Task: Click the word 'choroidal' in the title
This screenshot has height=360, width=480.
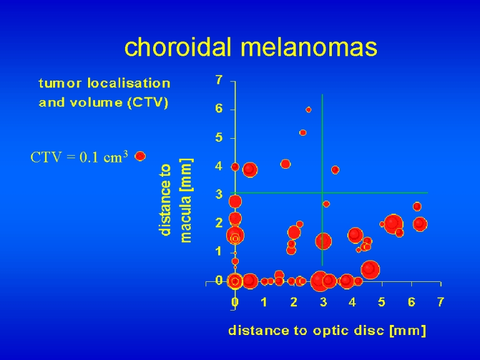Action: (x=177, y=47)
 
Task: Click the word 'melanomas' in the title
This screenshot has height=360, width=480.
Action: (x=309, y=47)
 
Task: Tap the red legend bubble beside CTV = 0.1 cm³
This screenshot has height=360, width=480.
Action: (x=140, y=156)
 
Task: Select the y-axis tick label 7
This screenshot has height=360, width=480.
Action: (x=219, y=80)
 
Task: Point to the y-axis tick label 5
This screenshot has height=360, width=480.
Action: (x=219, y=137)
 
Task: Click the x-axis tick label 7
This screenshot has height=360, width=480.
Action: (x=440, y=302)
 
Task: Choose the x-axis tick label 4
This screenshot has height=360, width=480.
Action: (x=352, y=302)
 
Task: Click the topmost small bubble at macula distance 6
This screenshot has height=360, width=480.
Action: (x=309, y=109)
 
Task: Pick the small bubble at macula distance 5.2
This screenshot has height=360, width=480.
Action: (x=302, y=132)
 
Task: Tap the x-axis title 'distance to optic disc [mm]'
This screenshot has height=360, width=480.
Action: (x=327, y=331)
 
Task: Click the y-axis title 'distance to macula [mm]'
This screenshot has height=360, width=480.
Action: (x=176, y=201)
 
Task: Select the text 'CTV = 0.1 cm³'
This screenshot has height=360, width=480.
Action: (x=79, y=157)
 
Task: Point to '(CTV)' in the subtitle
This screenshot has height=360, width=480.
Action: (x=148, y=102)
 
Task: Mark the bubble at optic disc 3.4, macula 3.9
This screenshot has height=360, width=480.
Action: (x=335, y=169)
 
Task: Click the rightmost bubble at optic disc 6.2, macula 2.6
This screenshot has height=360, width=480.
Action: (x=417, y=206)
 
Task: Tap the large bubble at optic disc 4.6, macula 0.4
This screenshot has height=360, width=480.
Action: (x=370, y=270)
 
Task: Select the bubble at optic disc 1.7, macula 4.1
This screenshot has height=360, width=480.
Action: (x=285, y=164)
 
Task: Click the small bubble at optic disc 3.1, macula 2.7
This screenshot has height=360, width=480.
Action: (x=326, y=204)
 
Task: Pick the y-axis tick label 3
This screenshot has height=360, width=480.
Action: (x=219, y=194)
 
